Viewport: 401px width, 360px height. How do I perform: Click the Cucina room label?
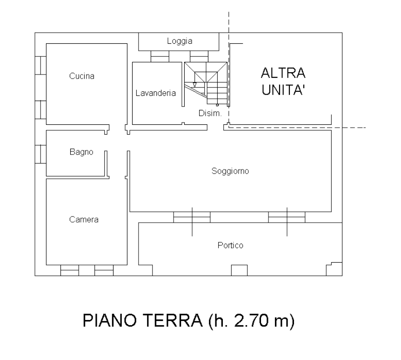[x=82, y=76]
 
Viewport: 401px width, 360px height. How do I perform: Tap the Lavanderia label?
[x=155, y=93]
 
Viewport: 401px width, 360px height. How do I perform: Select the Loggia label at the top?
[x=180, y=41]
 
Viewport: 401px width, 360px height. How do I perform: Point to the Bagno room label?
[x=81, y=152]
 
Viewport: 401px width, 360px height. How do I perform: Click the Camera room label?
[x=84, y=220]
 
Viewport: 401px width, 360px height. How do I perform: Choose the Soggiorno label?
[x=230, y=171]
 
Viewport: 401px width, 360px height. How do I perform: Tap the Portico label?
[x=230, y=245]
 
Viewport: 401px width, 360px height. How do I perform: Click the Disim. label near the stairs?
[x=210, y=113]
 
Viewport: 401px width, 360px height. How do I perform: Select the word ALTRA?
[x=283, y=73]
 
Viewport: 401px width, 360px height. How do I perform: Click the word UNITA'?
[x=283, y=89]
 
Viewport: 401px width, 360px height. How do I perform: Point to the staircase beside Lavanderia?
[x=206, y=83]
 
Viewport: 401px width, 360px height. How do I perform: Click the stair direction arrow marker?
[x=194, y=85]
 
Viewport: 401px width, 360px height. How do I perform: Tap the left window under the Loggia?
[x=160, y=56]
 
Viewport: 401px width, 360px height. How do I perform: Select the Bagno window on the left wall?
[x=40, y=154]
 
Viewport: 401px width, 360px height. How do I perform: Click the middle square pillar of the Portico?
[x=240, y=271]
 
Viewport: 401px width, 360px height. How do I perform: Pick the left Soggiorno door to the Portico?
[x=192, y=217]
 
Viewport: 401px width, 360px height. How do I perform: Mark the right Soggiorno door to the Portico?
[x=287, y=217]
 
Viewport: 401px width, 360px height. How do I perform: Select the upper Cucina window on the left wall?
[x=40, y=66]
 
